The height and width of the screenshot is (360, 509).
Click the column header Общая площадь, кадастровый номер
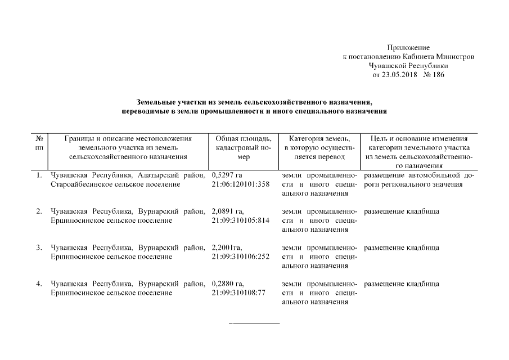pyautogui.click(x=244, y=148)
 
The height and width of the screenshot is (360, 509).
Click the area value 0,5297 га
pyautogui.click(x=227, y=175)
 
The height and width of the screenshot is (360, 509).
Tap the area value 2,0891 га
pyautogui.click(x=228, y=211)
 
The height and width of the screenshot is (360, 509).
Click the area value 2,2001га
pyautogui.click(x=227, y=247)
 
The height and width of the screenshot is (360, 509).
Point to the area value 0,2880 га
pyautogui.click(x=228, y=283)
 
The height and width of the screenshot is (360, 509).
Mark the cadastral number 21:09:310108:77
pyautogui.click(x=239, y=292)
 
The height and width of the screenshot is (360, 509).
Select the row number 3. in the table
pyautogui.click(x=39, y=247)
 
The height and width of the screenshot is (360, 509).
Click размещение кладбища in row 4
pyautogui.click(x=402, y=283)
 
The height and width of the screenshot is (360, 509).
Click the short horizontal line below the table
pyautogui.click(x=254, y=324)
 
